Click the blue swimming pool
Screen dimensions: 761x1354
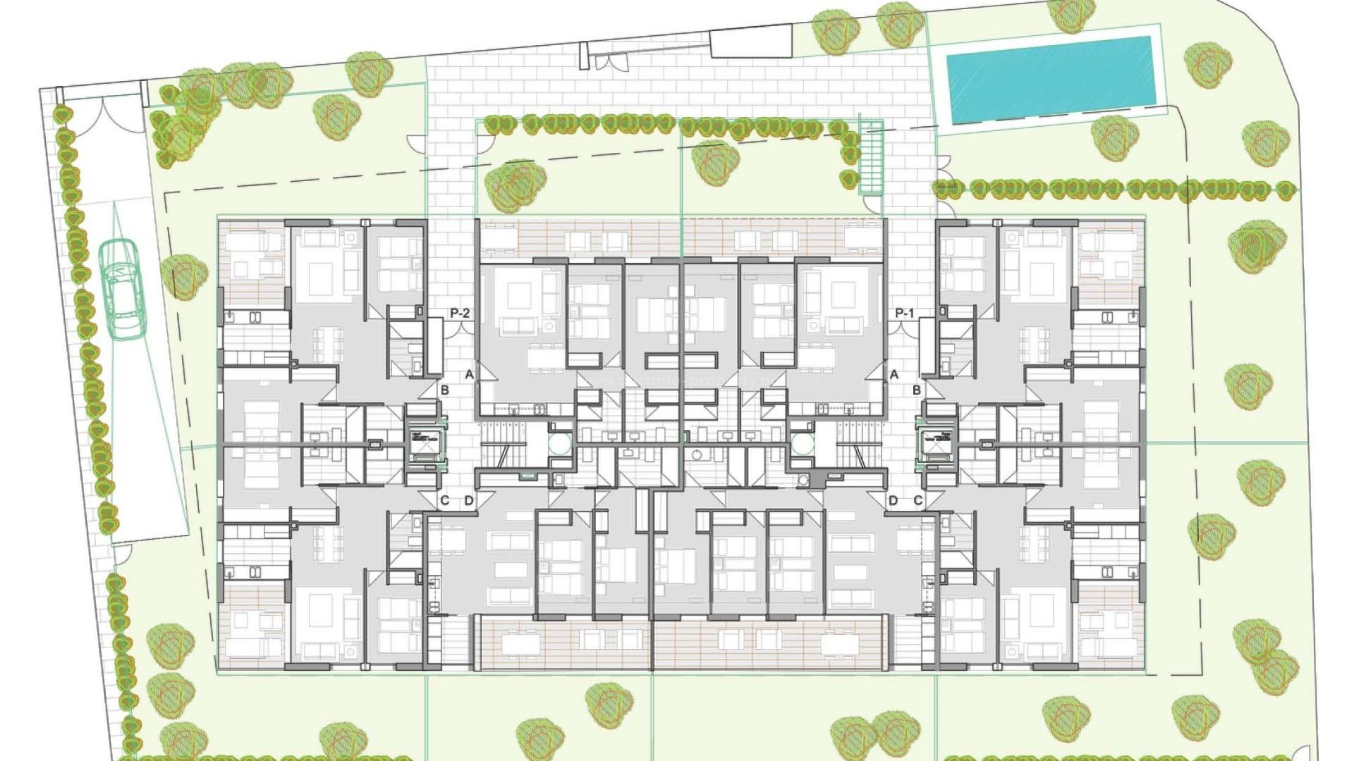coord(1049,80)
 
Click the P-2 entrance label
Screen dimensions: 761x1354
coord(460,313)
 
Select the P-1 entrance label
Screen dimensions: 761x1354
coord(905,313)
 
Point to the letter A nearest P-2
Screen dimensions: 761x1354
coord(470,375)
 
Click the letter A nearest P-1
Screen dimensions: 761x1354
coord(894,375)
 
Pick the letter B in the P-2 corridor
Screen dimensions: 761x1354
coord(444,390)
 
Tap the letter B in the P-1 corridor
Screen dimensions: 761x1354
coord(917,390)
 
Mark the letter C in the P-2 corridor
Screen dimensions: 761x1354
coord(444,501)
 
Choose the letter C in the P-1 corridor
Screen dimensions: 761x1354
coord(918,501)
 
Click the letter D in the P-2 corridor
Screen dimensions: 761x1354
coord(469,501)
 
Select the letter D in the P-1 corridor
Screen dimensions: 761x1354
coord(893,501)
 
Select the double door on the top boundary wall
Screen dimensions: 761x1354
coord(611,62)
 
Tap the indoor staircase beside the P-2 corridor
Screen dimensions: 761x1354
coord(504,445)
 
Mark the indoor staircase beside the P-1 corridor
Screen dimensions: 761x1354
coord(860,445)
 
